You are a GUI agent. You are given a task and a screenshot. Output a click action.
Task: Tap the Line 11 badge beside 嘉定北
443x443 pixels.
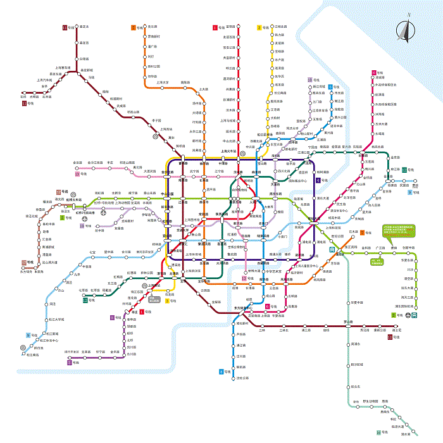click(65, 27)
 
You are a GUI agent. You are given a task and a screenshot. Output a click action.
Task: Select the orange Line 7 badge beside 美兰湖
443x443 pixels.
click(134, 27)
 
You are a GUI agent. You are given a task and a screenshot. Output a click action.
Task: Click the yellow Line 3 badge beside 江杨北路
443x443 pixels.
click(259, 27)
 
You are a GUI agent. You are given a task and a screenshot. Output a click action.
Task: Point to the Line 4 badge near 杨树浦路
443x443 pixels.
click(318, 180)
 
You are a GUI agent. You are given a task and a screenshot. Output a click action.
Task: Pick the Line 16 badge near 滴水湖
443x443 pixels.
click(378, 432)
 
